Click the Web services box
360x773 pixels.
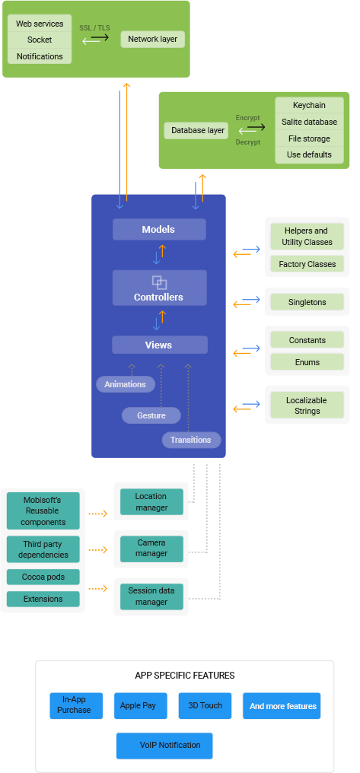[40, 24]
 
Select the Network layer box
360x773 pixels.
[152, 39]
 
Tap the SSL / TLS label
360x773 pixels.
[94, 27]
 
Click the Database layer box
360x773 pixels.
[197, 130]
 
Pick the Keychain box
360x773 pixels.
[308, 105]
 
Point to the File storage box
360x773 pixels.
[308, 138]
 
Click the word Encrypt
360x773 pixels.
[247, 118]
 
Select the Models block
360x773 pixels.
[158, 229]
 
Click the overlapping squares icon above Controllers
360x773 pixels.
[158, 282]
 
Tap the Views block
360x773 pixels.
[158, 345]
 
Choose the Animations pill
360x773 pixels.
[125, 384]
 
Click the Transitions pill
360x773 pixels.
[190, 440]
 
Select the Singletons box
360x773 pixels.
[307, 302]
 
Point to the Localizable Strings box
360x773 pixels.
[307, 406]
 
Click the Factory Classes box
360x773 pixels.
[307, 264]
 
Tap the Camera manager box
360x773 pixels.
[151, 549]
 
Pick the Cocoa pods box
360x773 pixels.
[43, 577]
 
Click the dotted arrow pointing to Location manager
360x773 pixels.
[97, 514]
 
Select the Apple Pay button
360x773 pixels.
[138, 705]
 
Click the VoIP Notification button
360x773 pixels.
[164, 745]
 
